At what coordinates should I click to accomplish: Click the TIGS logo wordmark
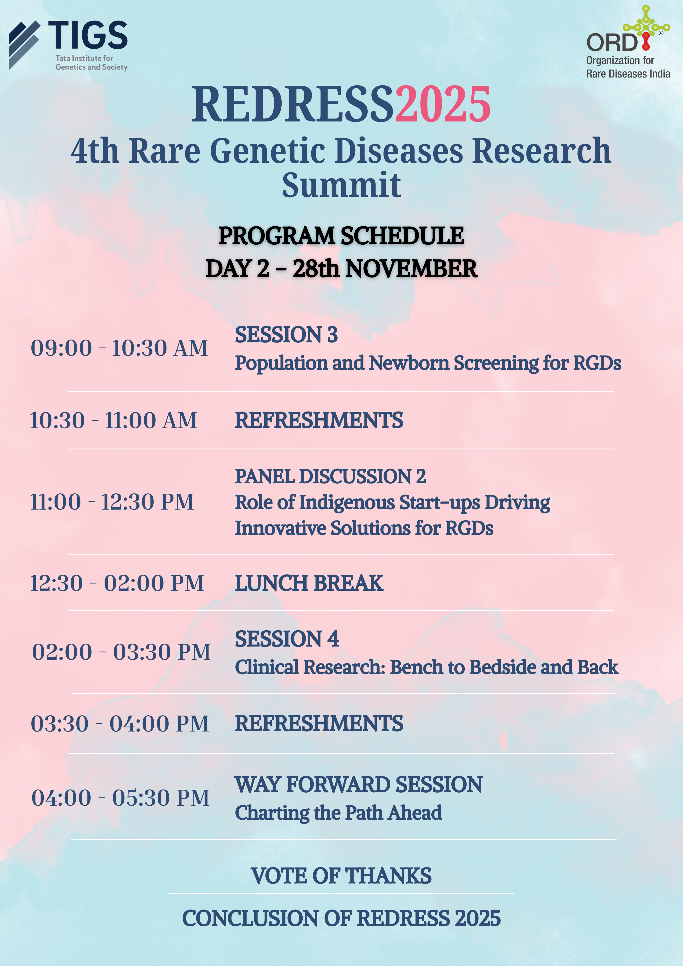pyautogui.click(x=87, y=35)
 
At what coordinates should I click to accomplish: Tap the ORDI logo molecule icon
pyautogui.click(x=646, y=27)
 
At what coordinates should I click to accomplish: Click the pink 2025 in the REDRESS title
pyautogui.click(x=443, y=104)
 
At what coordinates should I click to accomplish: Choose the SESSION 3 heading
pyautogui.click(x=286, y=335)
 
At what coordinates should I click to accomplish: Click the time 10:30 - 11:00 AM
pyautogui.click(x=113, y=420)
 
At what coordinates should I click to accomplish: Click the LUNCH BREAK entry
pyautogui.click(x=309, y=583)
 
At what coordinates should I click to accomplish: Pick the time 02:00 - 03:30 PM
pyautogui.click(x=121, y=652)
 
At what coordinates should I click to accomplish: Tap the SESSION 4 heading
pyautogui.click(x=287, y=639)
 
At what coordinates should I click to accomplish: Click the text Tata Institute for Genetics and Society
pyautogui.click(x=91, y=63)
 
